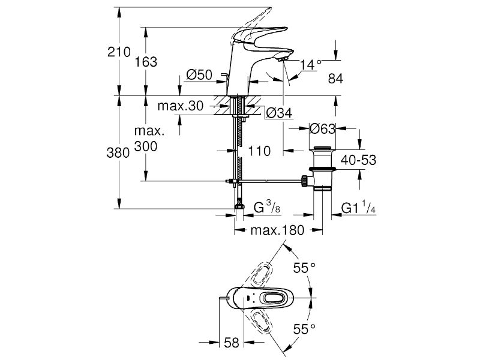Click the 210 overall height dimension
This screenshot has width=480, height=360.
(119, 52)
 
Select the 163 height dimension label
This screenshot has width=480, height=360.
(146, 62)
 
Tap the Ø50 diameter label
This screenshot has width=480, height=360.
(199, 74)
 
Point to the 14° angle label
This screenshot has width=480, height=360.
(311, 65)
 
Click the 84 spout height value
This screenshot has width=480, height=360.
(335, 79)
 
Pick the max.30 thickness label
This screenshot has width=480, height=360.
(181, 106)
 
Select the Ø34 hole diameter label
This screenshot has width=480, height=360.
(279, 113)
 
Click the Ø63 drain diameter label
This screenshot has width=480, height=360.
(322, 128)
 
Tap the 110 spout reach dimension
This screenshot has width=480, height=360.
(259, 151)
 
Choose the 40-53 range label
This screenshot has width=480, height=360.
(358, 160)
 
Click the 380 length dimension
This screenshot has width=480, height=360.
(118, 152)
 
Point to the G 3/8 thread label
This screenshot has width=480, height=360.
(267, 207)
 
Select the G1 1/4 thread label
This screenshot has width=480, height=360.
(358, 207)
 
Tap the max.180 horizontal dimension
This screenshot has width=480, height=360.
(277, 230)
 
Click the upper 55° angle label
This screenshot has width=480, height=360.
(304, 268)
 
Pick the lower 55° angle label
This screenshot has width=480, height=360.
(304, 329)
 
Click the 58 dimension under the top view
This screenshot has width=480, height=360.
(232, 343)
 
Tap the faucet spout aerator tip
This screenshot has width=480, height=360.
(283, 59)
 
